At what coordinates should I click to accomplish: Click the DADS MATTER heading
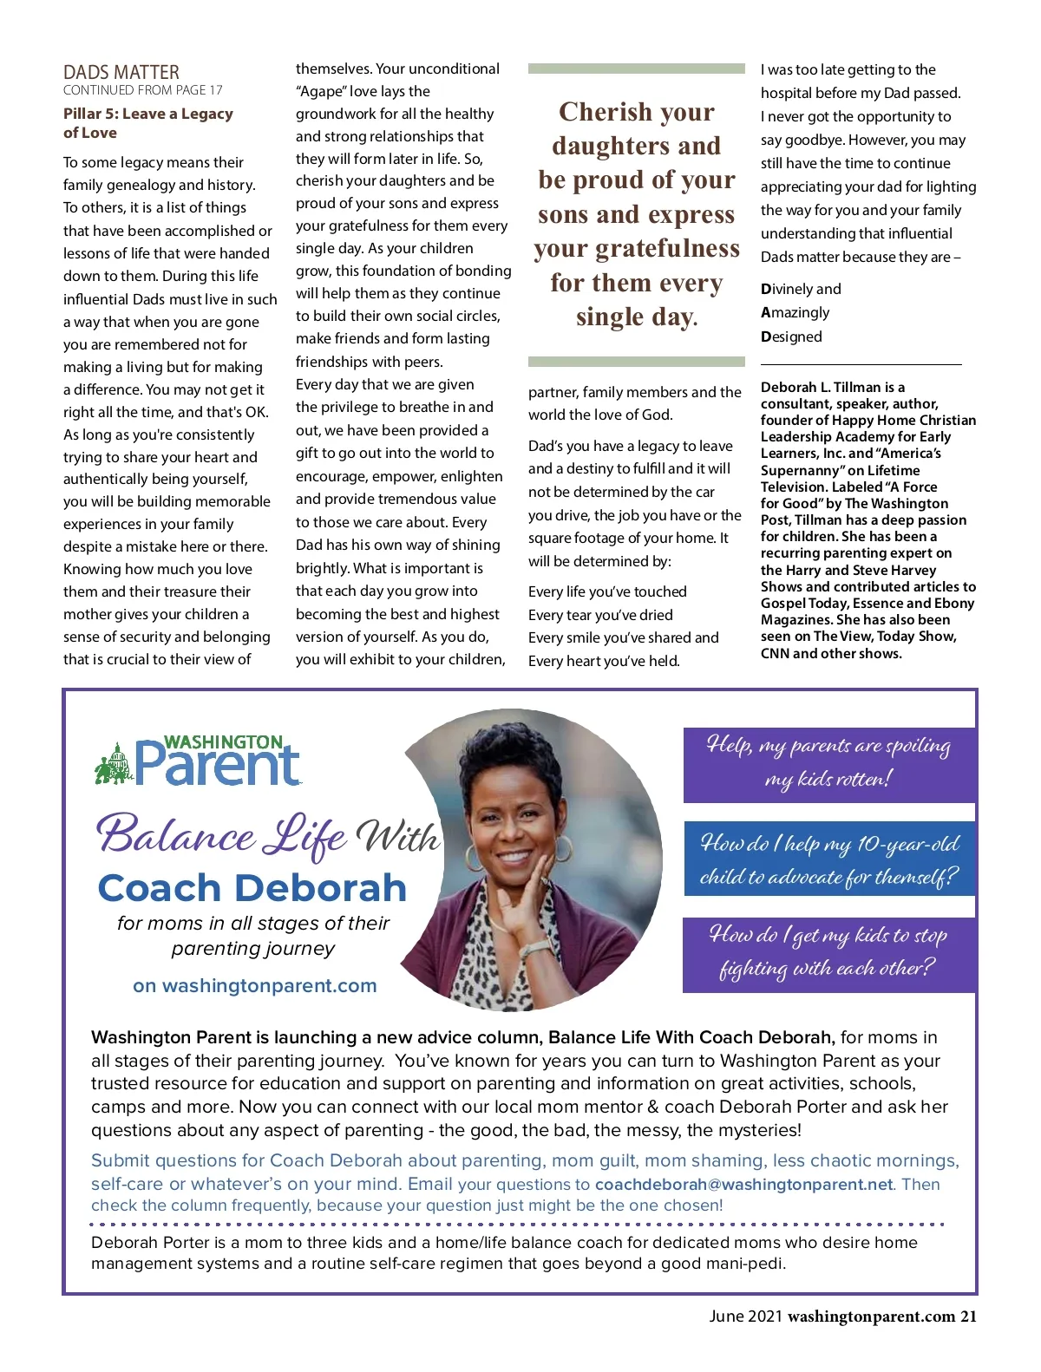click(x=121, y=72)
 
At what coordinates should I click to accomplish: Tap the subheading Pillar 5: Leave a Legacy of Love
click(x=147, y=123)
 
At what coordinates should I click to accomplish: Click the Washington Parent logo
click(x=199, y=761)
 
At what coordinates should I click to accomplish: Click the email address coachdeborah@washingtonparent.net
click(x=743, y=1185)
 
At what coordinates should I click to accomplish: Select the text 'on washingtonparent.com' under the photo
click(x=254, y=986)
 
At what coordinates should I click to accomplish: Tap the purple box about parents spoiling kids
click(x=828, y=763)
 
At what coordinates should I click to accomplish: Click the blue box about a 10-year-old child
click(x=828, y=859)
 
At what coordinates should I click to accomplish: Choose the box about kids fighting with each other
click(x=828, y=952)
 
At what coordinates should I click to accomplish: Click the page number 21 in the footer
click(x=968, y=1316)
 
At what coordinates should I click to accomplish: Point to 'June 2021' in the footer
click(x=745, y=1316)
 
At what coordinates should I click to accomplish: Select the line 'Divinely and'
click(x=801, y=289)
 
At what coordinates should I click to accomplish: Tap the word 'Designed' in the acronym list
click(x=791, y=336)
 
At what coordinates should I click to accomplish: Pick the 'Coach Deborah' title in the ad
click(x=252, y=888)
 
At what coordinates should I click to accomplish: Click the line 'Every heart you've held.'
click(x=604, y=661)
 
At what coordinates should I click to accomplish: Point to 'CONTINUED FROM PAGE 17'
click(x=143, y=90)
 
